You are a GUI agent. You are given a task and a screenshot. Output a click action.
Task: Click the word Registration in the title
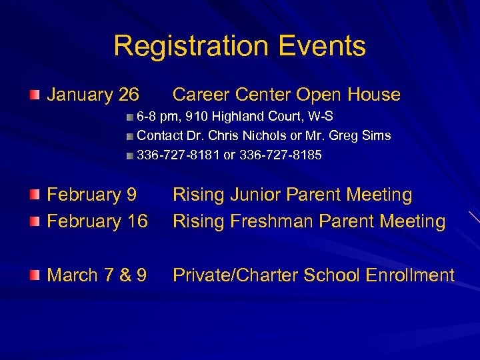click(x=190, y=47)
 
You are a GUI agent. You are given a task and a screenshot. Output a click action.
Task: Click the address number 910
click(x=197, y=117)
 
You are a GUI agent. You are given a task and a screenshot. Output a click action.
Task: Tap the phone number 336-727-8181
click(x=178, y=155)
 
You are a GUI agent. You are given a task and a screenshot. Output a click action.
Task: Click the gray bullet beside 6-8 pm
click(x=129, y=117)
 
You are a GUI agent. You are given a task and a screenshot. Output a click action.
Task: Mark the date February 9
click(x=91, y=195)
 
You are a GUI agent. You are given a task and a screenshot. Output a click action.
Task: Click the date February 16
click(x=97, y=221)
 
